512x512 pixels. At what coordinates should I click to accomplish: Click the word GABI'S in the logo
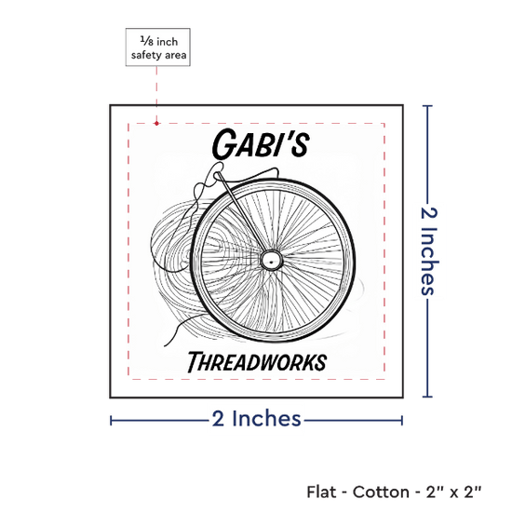261,143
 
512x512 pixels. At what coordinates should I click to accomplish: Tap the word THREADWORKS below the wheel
257,362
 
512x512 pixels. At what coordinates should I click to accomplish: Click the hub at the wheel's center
271,261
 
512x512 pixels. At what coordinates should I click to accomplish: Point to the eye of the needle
217,175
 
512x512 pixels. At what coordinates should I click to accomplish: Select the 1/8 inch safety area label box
158,47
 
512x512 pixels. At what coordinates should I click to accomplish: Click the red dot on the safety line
156,123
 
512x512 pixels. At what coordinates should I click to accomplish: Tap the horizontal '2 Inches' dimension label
257,419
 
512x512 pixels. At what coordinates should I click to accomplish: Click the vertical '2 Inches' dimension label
429,251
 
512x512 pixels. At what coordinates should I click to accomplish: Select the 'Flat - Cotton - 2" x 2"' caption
394,492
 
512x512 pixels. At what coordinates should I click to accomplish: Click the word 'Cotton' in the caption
381,492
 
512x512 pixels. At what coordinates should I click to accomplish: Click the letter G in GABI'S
224,143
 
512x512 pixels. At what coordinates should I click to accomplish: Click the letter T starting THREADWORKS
195,362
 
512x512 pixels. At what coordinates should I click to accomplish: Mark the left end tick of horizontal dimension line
111,421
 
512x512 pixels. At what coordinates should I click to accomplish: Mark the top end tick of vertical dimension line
427,106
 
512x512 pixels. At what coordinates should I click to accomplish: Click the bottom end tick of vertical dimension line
427,397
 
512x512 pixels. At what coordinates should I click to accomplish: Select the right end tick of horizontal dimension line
402,421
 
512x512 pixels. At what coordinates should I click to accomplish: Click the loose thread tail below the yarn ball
180,329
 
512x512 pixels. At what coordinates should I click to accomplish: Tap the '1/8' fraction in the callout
146,41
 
